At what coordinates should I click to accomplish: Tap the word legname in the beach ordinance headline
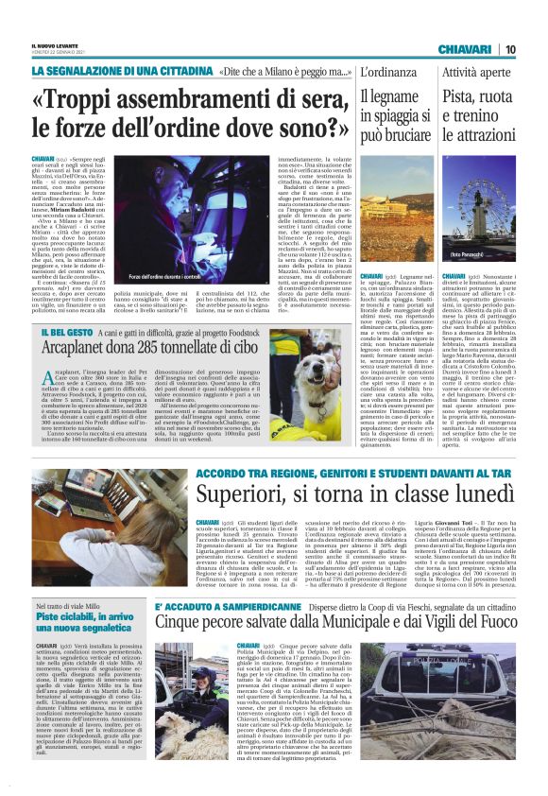coord(397,96)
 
